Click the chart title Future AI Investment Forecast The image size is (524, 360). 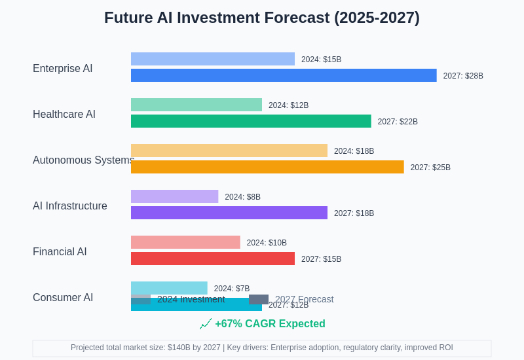(262, 18)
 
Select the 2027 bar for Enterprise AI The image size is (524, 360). (284, 75)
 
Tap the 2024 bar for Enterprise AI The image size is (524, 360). (213, 59)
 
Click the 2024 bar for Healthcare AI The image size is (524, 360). (196, 105)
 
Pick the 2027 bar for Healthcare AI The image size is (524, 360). (251, 121)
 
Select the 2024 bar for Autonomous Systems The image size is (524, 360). (229, 151)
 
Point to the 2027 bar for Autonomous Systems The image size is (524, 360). (267, 167)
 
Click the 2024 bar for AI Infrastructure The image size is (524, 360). (174, 196)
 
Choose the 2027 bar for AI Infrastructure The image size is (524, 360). (229, 213)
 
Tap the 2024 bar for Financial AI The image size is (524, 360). (185, 242)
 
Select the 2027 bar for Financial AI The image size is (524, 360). (213, 259)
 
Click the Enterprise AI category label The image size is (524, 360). (63, 69)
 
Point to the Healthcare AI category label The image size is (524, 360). (64, 115)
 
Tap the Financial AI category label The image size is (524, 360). (60, 252)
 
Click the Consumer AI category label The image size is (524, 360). (63, 298)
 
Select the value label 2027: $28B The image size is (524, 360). (463, 76)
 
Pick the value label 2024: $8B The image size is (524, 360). (242, 197)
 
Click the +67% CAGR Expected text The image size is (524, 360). (270, 324)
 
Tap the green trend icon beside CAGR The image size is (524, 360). (206, 324)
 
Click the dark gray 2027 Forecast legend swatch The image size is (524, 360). (259, 299)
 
